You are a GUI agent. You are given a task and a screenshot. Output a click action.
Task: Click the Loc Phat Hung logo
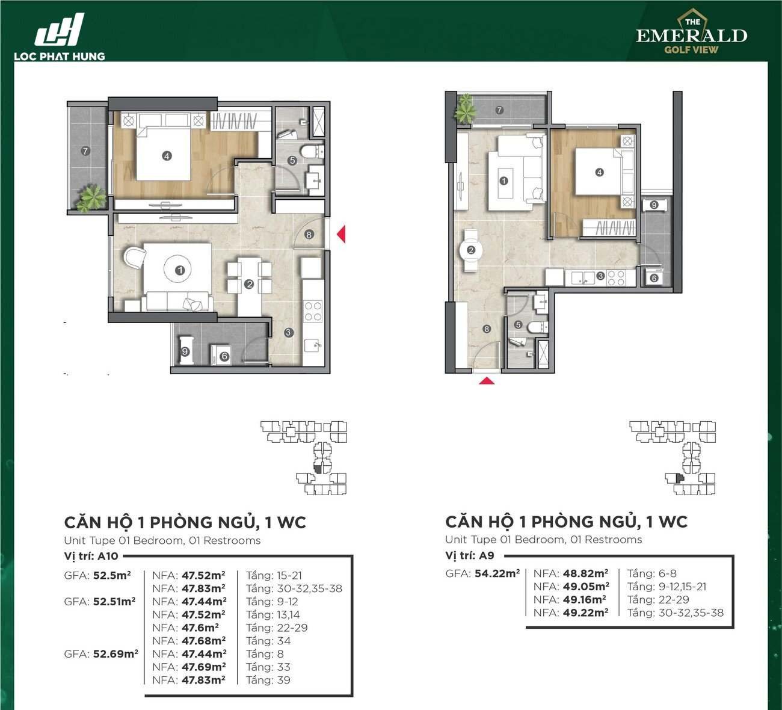click(60, 37)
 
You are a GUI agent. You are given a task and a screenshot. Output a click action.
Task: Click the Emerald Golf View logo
click(692, 31)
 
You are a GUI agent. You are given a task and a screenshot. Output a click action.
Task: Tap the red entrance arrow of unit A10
click(341, 234)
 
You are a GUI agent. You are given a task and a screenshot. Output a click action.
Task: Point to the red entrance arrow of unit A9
click(487, 381)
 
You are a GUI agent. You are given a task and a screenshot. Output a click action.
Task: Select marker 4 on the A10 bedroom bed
click(167, 156)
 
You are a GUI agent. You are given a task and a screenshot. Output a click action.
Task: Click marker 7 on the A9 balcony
click(499, 110)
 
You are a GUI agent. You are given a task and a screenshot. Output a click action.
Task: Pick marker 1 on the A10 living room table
click(180, 270)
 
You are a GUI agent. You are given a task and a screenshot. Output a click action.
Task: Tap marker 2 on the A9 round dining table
click(471, 250)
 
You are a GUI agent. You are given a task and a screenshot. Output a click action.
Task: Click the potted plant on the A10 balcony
click(91, 198)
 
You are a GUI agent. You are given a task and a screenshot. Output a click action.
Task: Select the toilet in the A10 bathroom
click(312, 152)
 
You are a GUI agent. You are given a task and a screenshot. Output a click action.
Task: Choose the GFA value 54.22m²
click(497, 573)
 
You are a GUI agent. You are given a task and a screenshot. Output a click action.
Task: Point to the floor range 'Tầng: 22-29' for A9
click(658, 600)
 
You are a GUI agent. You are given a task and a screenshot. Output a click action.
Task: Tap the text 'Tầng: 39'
click(268, 680)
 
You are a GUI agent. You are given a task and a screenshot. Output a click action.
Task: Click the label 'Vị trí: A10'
click(91, 556)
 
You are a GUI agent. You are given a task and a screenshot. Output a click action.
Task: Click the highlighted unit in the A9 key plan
click(680, 478)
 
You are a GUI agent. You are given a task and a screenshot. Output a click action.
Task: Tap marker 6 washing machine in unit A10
click(224, 356)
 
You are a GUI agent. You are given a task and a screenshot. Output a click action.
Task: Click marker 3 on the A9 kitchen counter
click(600, 276)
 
